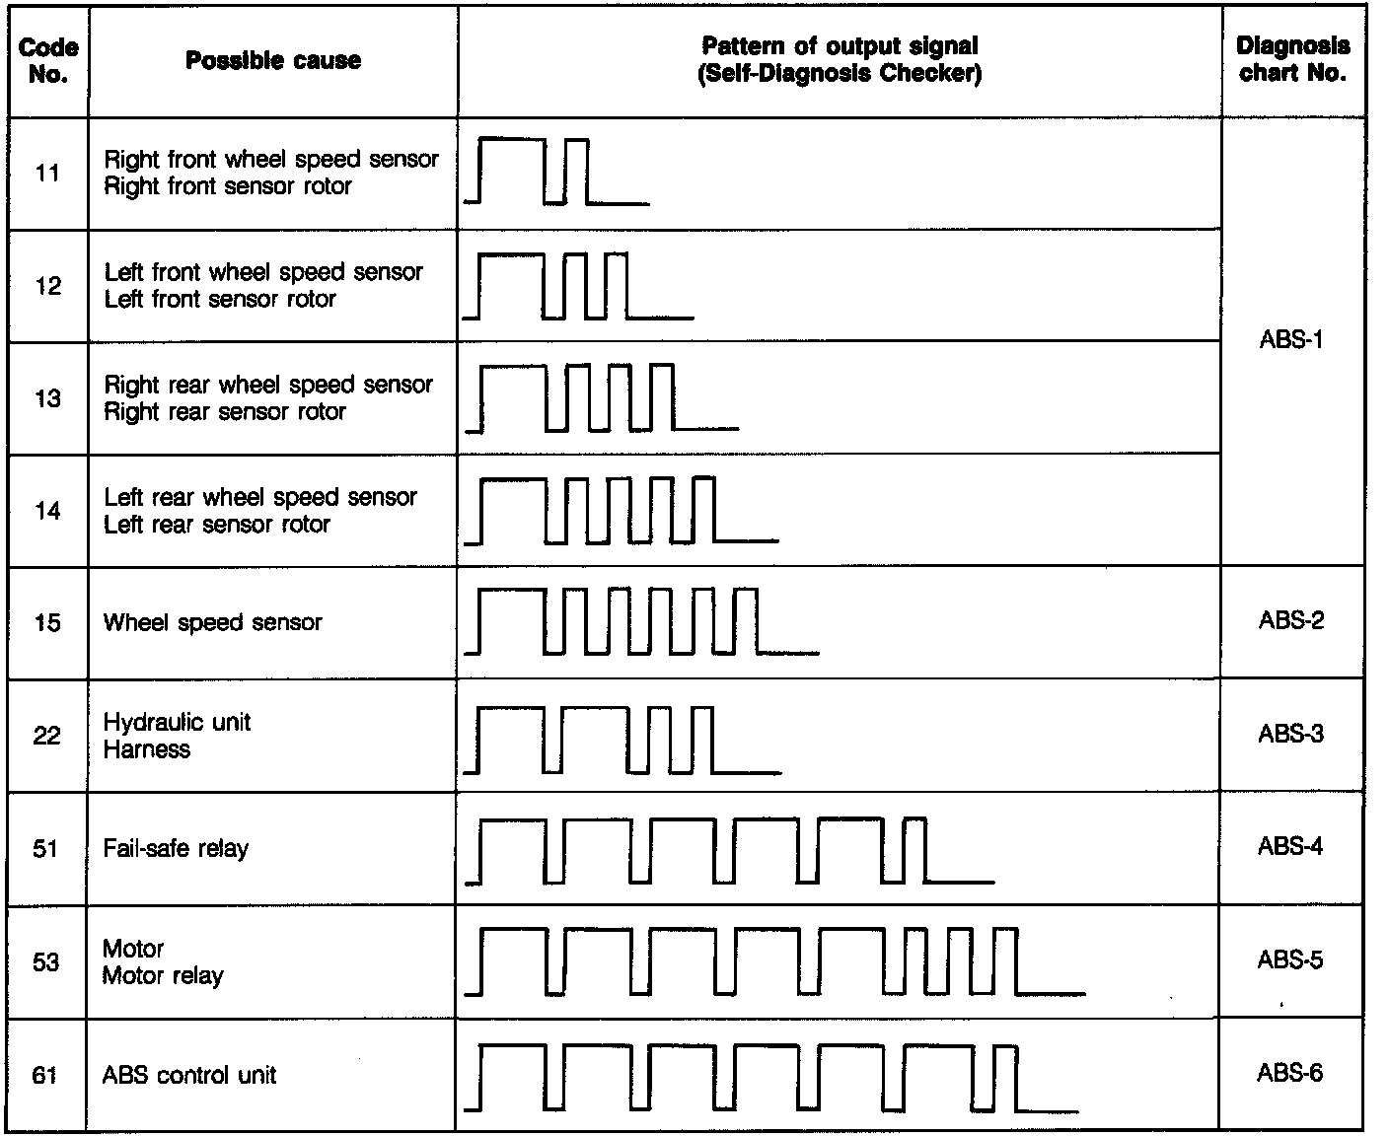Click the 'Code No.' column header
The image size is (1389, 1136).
(x=48, y=60)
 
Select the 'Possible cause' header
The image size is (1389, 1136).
(x=273, y=60)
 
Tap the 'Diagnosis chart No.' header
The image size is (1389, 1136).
(x=1292, y=59)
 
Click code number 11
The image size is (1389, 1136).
(x=47, y=174)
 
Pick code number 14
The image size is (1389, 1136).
(x=47, y=511)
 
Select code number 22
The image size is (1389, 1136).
(x=47, y=736)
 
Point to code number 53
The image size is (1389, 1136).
(x=46, y=961)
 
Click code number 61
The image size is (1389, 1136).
(x=45, y=1075)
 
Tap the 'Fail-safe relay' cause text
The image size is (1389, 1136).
(x=176, y=848)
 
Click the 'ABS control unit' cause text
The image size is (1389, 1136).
(x=189, y=1075)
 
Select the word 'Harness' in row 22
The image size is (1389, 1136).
(x=147, y=749)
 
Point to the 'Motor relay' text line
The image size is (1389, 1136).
(x=163, y=976)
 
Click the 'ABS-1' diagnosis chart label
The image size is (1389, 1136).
(x=1290, y=341)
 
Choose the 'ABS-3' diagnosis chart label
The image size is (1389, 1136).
(x=1290, y=734)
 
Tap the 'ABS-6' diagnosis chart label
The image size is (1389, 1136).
(x=1289, y=1073)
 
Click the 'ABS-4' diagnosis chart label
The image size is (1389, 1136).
(x=1290, y=846)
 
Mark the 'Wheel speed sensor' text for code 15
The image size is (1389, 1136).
(x=213, y=622)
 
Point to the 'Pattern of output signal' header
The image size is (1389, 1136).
(x=840, y=46)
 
